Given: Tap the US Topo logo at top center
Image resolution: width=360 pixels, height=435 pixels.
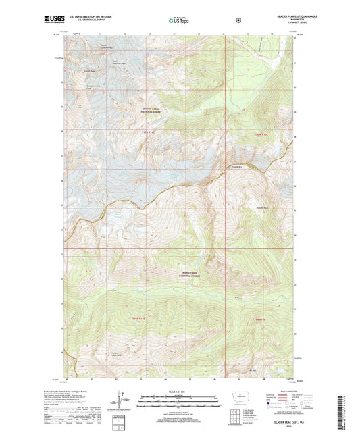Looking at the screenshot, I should pyautogui.click(x=179, y=21).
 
